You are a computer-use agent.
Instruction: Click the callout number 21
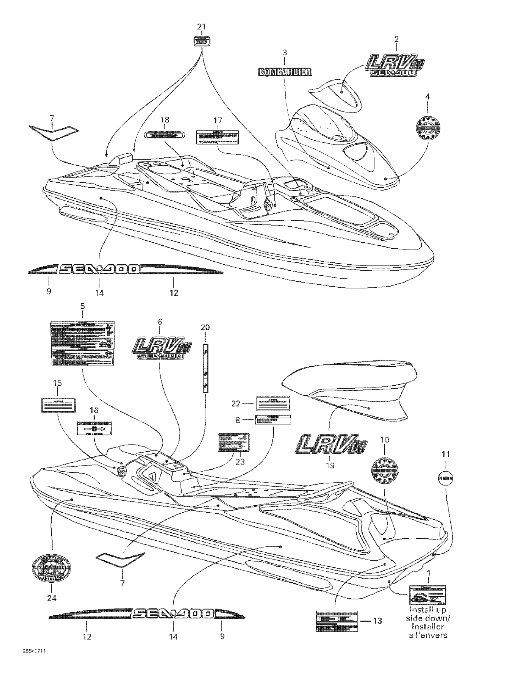pyautogui.click(x=202, y=27)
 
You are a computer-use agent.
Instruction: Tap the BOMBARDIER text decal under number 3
pyautogui.click(x=284, y=72)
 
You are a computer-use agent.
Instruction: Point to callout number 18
pyautogui.click(x=164, y=120)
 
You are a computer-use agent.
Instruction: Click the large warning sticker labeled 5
pyautogui.click(x=83, y=343)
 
